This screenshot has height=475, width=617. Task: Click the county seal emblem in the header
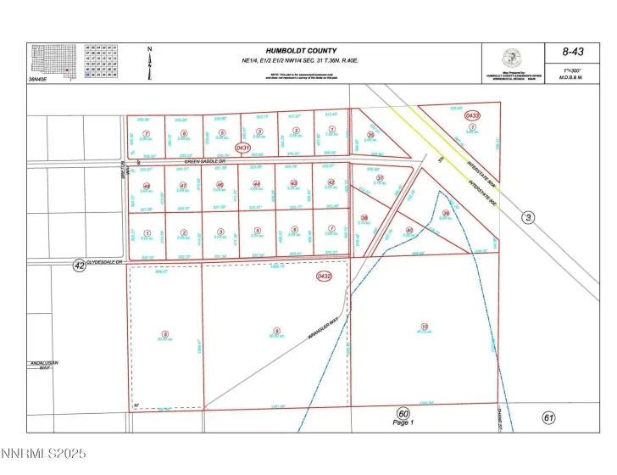point(510,59)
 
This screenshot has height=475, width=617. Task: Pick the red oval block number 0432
point(324,276)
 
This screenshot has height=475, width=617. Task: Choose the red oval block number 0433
point(472,115)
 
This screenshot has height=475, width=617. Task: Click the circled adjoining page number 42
point(79,265)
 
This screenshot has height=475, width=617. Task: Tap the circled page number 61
point(549,417)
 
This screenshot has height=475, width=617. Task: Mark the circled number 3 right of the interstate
point(528,218)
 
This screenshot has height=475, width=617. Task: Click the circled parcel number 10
point(424,326)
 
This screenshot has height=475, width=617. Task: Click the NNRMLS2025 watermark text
point(43,455)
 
